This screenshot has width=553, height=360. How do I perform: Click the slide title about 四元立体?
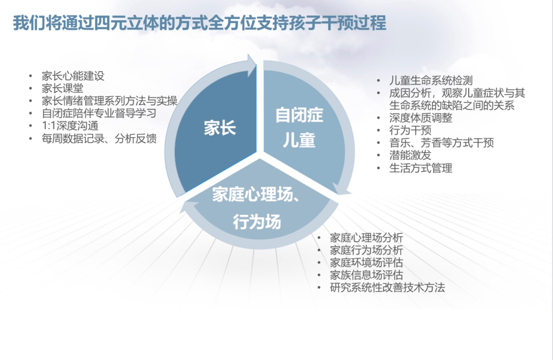tap(200, 23)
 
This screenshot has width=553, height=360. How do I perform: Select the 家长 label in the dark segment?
tap(220, 128)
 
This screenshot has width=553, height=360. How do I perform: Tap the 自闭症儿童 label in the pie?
tap(299, 127)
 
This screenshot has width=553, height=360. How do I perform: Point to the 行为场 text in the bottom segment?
tap(257, 221)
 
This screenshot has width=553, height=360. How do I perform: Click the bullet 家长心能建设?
tap(73, 76)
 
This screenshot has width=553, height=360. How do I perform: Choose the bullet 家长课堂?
tap(63, 89)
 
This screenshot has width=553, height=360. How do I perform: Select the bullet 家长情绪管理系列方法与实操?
tap(109, 101)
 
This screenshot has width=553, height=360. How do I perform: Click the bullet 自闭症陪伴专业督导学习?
tap(99, 113)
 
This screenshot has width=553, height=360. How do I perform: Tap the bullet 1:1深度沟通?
tap(70, 126)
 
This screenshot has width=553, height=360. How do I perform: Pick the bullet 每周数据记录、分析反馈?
tap(99, 138)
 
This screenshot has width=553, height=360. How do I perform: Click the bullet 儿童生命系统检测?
tap(431, 81)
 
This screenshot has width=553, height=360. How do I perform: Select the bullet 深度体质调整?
tap(421, 118)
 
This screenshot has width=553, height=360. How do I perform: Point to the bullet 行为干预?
tap(410, 130)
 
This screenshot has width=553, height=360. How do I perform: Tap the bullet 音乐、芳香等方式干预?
tap(441, 143)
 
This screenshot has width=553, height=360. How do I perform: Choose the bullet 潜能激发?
tap(410, 155)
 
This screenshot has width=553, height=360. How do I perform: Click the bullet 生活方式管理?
tap(421, 168)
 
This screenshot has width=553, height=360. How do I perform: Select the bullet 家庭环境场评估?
tap(366, 263)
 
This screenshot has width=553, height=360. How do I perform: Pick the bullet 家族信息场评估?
tap(366, 275)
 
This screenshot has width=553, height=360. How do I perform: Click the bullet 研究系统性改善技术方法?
tap(388, 288)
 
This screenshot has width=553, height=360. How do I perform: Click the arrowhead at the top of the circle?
tap(251, 65)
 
